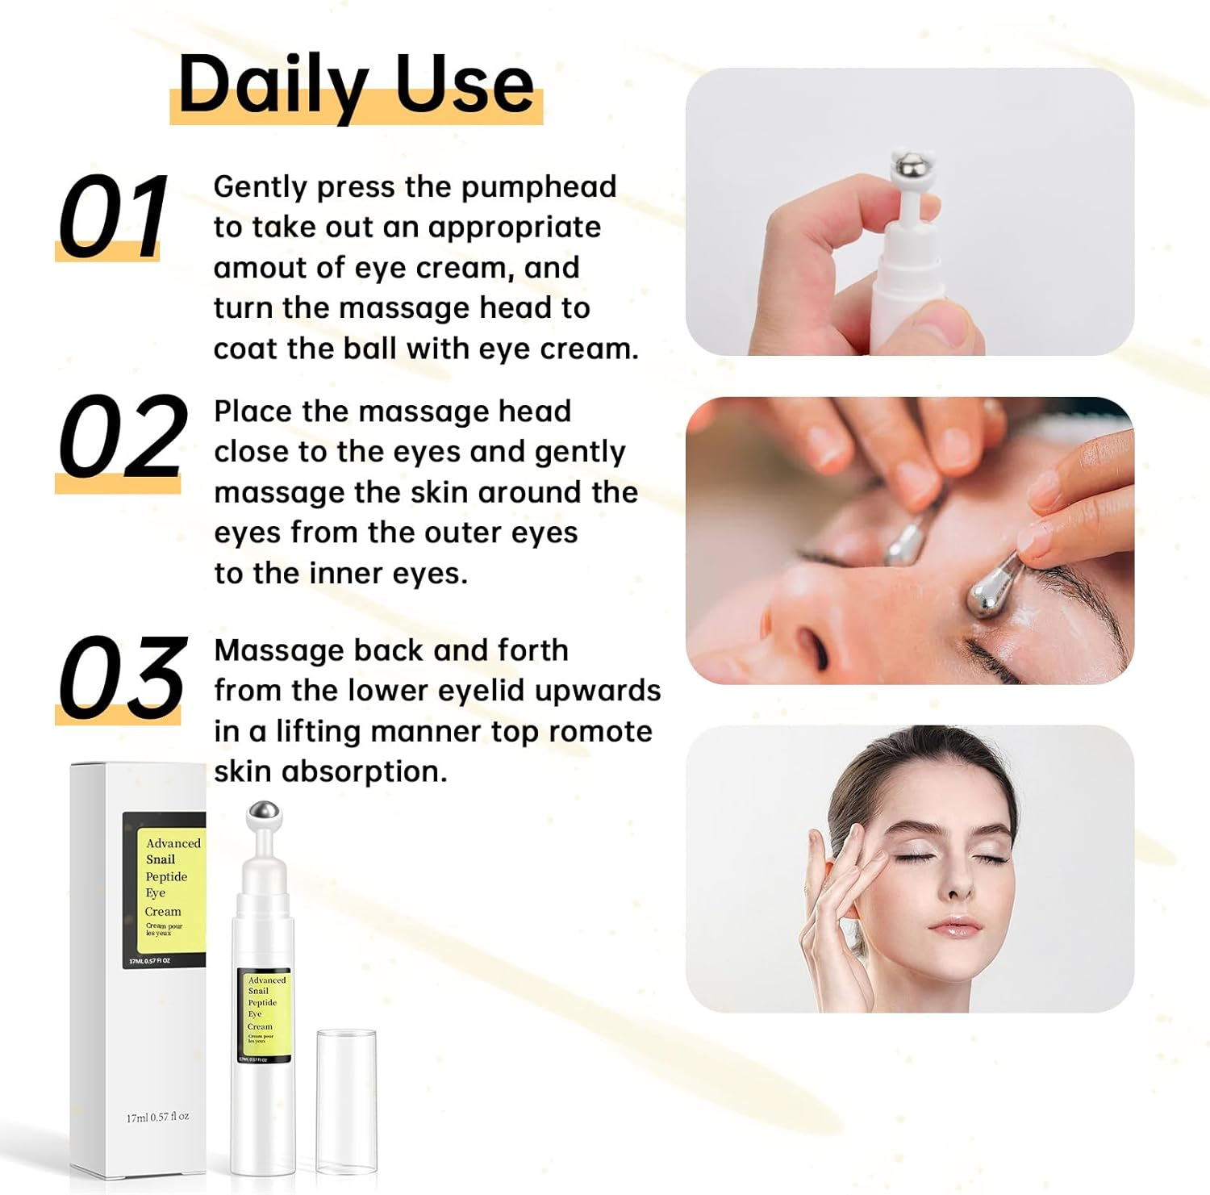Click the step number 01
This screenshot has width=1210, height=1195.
[113, 216]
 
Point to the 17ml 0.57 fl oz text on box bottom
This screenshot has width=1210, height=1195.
[157, 1117]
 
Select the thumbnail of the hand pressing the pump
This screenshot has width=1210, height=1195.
[909, 211]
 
